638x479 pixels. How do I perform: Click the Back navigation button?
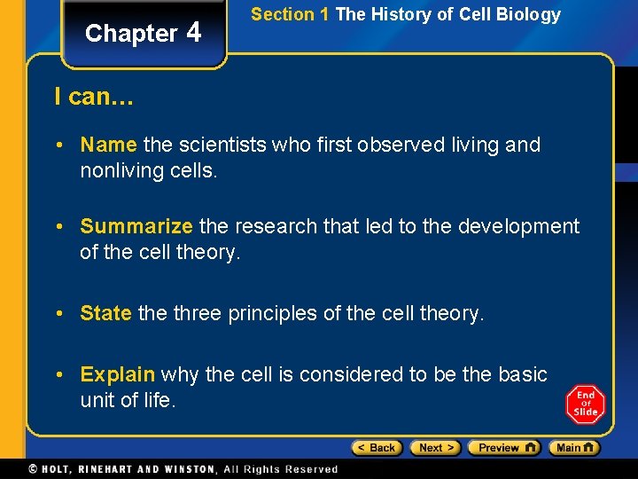[377, 448]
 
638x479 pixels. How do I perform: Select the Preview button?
[503, 448]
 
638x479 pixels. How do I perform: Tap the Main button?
[573, 448]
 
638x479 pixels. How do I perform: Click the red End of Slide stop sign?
[585, 404]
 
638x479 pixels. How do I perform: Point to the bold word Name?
[108, 145]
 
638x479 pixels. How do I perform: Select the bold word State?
[105, 313]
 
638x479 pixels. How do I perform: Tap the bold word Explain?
[117, 375]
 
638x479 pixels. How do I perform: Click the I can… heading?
[94, 97]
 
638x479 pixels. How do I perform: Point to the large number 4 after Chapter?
[195, 32]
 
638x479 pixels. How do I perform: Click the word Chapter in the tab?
[131, 34]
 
